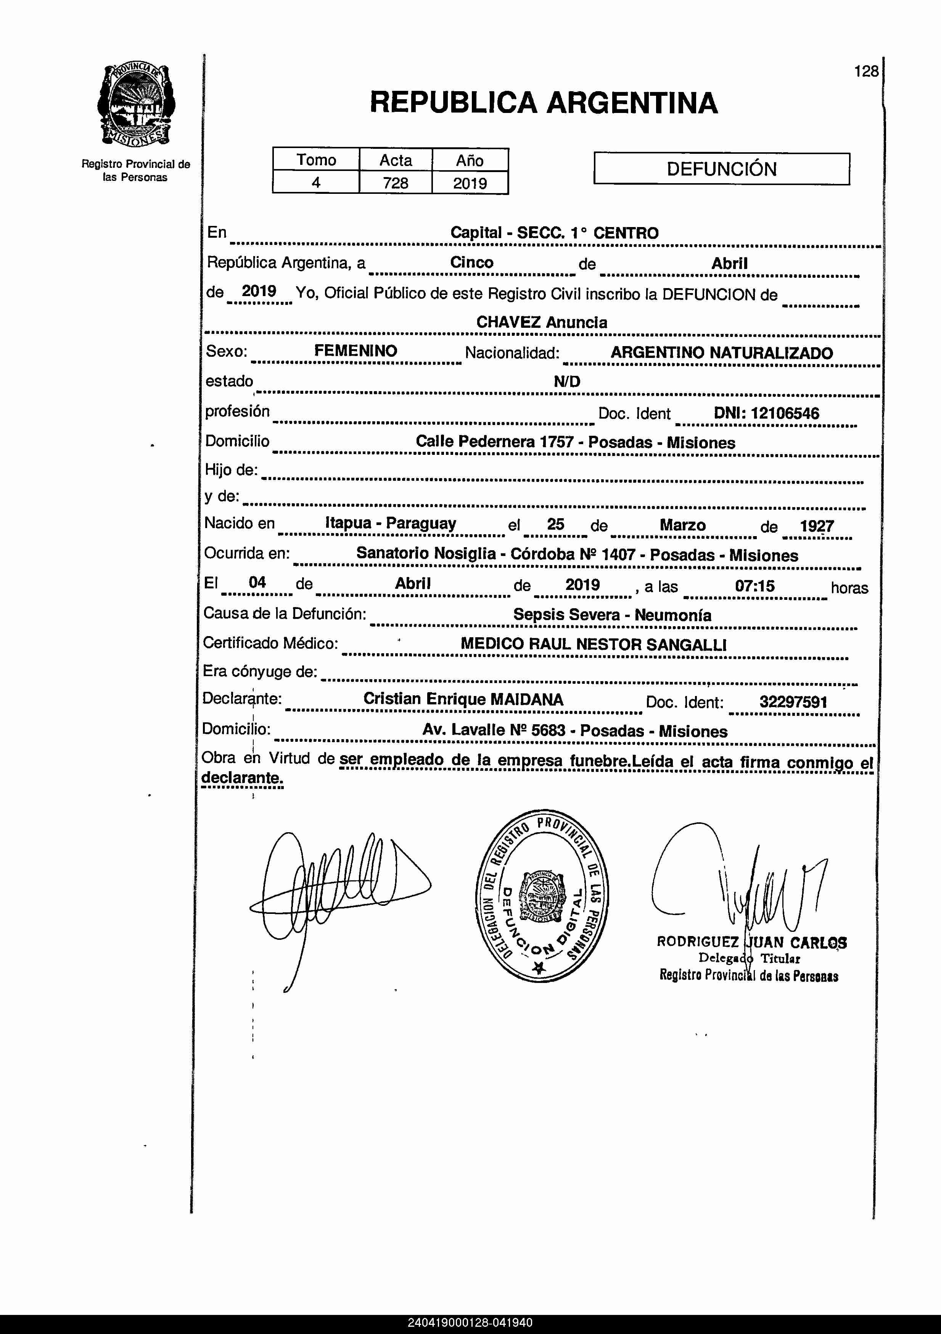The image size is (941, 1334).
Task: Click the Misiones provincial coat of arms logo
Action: coord(137,104)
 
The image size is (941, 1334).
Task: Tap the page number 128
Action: coord(866,71)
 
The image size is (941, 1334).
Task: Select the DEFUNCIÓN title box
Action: coord(721,169)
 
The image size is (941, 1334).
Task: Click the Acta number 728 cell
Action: coord(396,183)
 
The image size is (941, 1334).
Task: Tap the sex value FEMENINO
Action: coord(355,351)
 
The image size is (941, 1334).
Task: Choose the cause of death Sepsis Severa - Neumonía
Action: coord(612,615)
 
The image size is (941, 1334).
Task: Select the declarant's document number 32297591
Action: coord(793,702)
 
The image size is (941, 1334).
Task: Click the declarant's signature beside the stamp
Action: coord(331,889)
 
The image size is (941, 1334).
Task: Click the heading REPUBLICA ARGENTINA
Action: coord(544,103)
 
